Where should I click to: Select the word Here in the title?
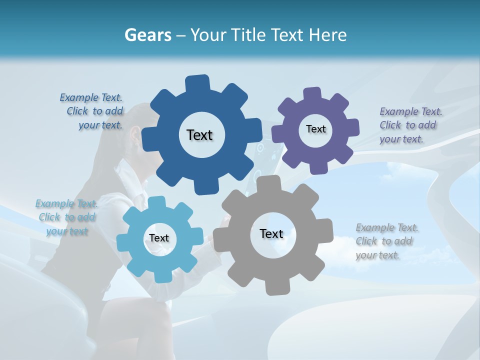(x=328, y=35)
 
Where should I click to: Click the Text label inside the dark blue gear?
(x=199, y=135)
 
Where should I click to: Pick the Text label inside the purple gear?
(x=315, y=129)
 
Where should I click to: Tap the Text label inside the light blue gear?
(x=159, y=238)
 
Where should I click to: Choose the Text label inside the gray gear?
(x=271, y=233)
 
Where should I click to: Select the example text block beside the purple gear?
(x=410, y=125)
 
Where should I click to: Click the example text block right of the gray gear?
(x=386, y=241)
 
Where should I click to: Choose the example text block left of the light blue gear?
(x=66, y=217)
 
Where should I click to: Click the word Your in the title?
(x=209, y=35)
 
